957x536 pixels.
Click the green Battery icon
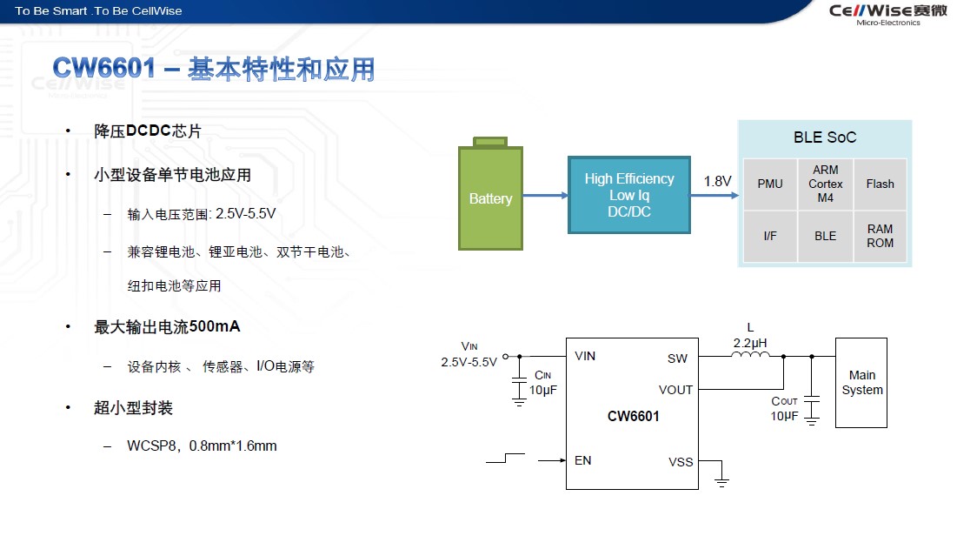(490, 197)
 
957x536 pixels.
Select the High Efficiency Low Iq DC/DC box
(628, 195)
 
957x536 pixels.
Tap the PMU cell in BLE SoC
(770, 184)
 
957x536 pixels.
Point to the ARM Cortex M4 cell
(825, 184)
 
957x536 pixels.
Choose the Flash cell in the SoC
(880, 184)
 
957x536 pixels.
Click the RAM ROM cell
(880, 236)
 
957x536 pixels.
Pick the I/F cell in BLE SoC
(770, 236)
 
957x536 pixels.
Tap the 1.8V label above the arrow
(717, 181)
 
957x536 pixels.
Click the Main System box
(861, 383)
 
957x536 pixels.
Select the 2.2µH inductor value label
(750, 342)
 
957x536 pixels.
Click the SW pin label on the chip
(677, 358)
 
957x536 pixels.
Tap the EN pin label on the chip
(583, 459)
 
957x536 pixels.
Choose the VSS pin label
(681, 461)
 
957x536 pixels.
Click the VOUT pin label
(675, 390)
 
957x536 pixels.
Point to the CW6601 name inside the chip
(633, 416)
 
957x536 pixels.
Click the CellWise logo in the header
(874, 11)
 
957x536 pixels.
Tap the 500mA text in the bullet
(214, 327)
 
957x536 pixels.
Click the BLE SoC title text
(824, 137)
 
